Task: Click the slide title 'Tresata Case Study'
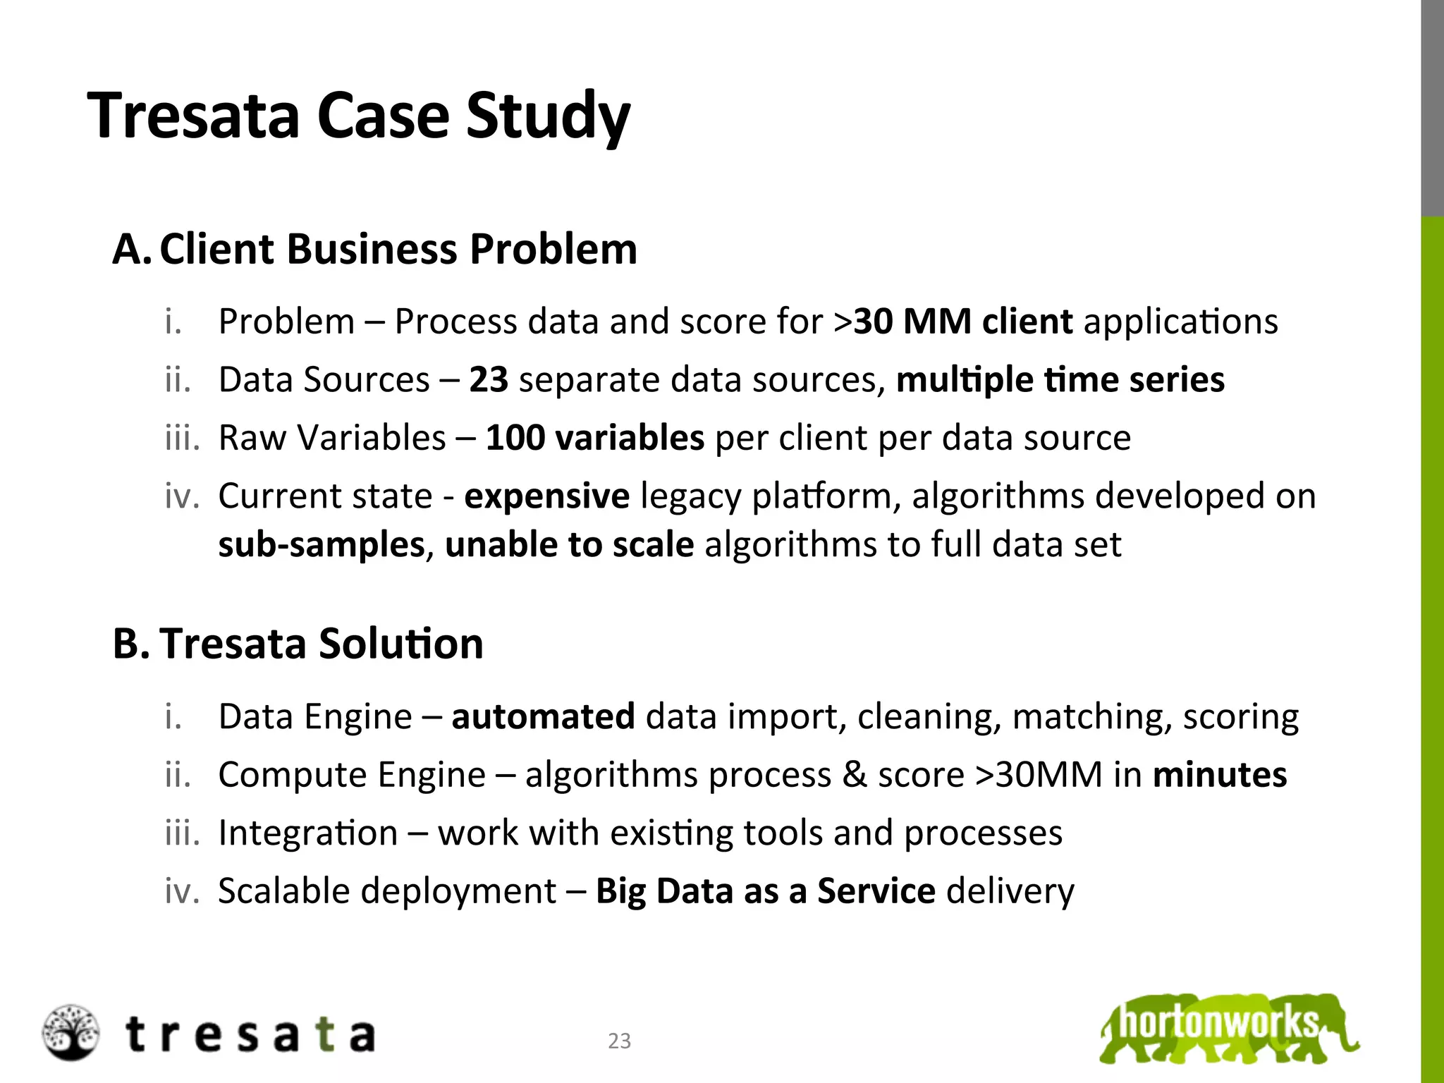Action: click(x=358, y=116)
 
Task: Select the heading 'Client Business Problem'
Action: click(x=398, y=249)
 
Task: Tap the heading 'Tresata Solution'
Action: click(x=322, y=643)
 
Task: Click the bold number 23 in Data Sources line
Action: click(x=489, y=379)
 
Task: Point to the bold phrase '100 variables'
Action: click(x=595, y=437)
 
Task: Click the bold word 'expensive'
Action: click(x=546, y=496)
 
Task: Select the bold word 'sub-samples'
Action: click(x=322, y=544)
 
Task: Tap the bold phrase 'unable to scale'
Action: click(x=569, y=544)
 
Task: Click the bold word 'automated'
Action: click(x=543, y=716)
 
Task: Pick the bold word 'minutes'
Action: click(x=1219, y=774)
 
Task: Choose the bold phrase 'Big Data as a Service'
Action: click(x=765, y=891)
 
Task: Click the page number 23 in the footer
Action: click(x=619, y=1041)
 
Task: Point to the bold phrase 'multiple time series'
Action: click(x=1060, y=379)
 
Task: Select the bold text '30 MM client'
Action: click(x=962, y=322)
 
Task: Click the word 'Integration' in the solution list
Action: click(x=308, y=833)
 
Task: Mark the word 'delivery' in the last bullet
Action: click(x=1010, y=891)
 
